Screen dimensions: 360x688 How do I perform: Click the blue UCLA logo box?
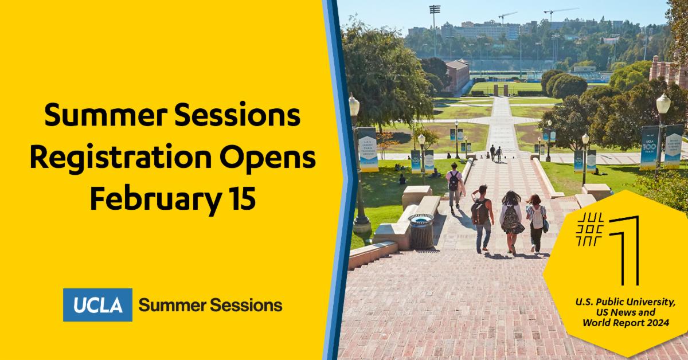[x=97, y=305]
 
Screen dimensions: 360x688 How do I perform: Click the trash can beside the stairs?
[x=421, y=231]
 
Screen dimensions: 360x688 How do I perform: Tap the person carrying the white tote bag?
[x=537, y=221]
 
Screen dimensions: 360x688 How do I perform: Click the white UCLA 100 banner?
[x=648, y=147]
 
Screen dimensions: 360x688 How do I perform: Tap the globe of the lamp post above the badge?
[x=663, y=104]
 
